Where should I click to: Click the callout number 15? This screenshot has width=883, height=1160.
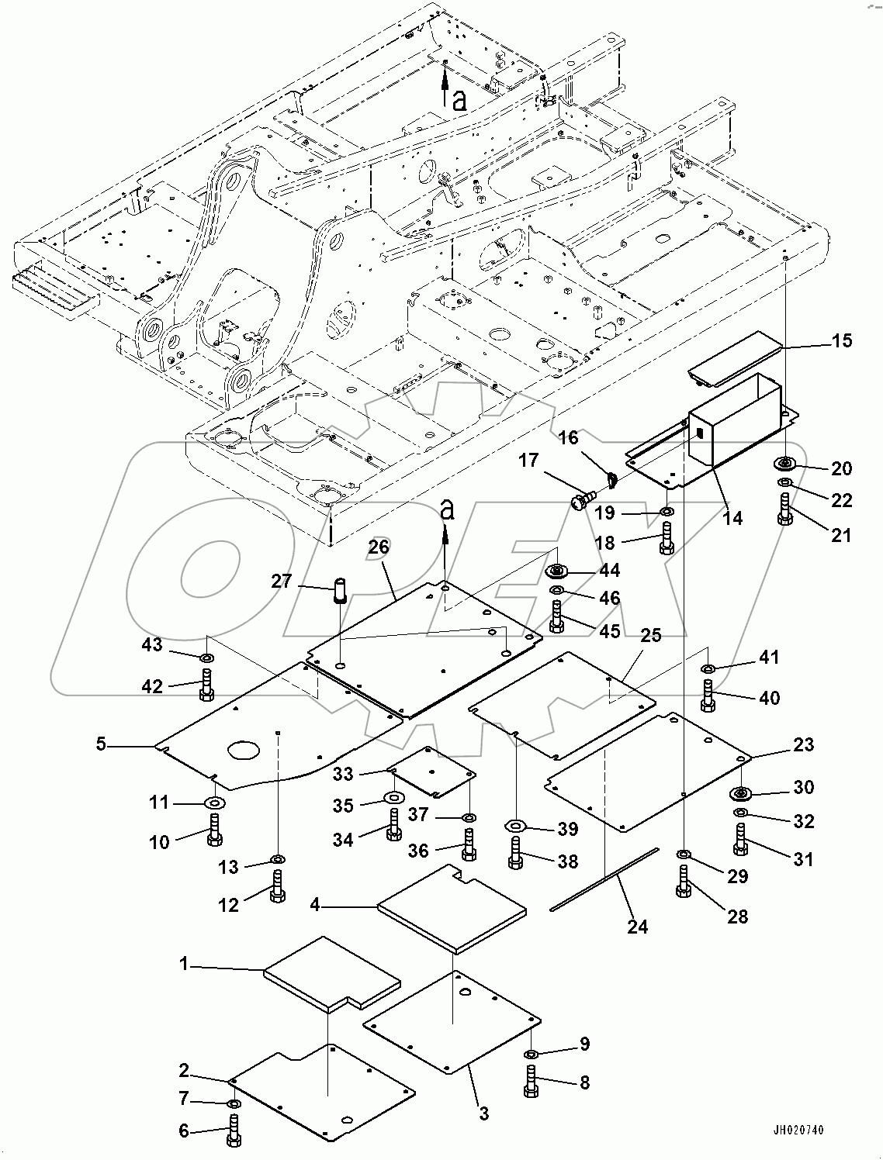click(841, 341)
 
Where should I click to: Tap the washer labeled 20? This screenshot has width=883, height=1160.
click(786, 464)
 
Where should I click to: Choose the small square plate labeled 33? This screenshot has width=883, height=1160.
click(432, 772)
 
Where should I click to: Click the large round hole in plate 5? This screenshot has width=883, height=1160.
click(244, 751)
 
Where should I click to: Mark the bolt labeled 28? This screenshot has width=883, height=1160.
click(683, 882)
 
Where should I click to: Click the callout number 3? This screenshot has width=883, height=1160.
click(483, 1114)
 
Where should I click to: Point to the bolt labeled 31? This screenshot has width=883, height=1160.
click(741, 840)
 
